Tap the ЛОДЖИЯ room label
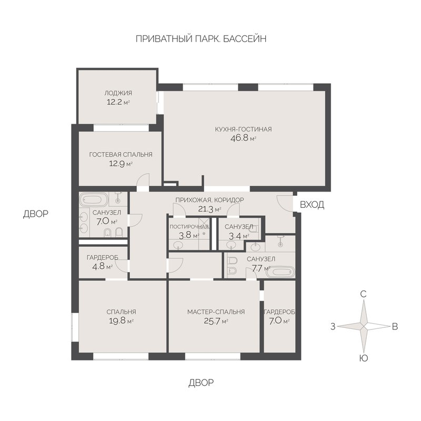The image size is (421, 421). (118, 93)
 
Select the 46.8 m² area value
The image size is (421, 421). (243, 138)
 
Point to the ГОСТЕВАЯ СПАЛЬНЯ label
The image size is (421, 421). (121, 154)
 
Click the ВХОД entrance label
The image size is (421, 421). (312, 205)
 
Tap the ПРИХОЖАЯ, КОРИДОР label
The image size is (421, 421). (209, 201)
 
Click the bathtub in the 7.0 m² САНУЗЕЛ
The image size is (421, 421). (93, 200)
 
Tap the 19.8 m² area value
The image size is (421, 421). (121, 320)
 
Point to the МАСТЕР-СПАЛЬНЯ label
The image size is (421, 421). (216, 312)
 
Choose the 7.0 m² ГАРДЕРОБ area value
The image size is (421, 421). (279, 320)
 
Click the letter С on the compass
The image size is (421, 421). (363, 295)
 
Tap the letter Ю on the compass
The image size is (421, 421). (363, 358)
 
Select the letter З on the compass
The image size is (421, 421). (333, 326)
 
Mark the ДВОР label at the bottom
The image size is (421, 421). (201, 383)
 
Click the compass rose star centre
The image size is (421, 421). (363, 326)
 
